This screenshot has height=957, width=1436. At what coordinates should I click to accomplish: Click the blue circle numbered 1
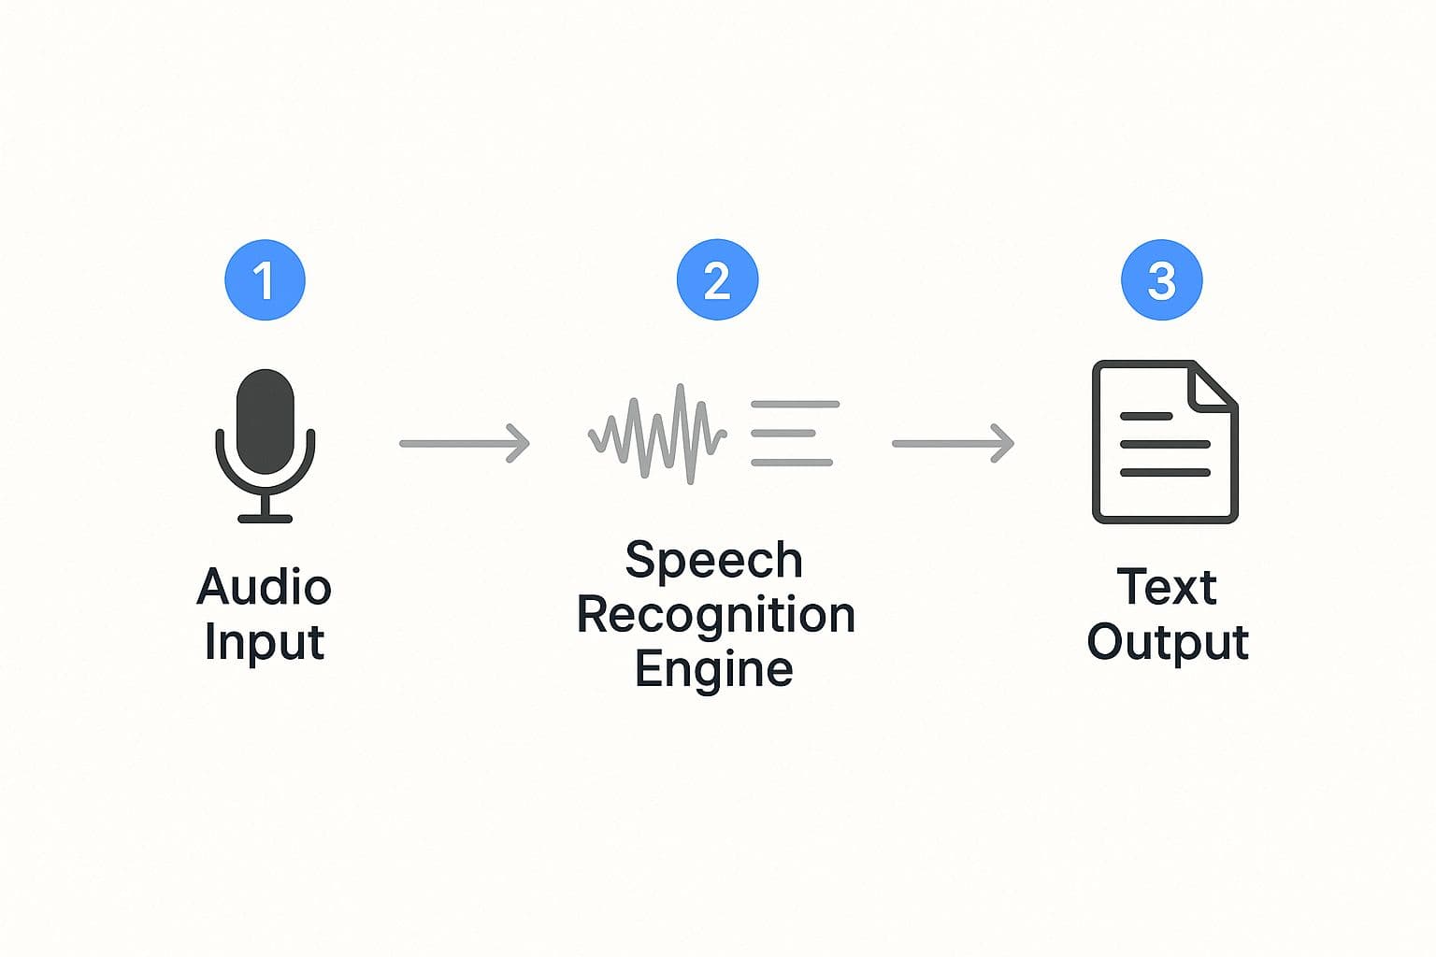(x=265, y=280)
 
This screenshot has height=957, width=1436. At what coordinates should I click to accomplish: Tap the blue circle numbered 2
(x=717, y=279)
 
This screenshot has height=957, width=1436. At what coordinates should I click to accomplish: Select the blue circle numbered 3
(x=1161, y=279)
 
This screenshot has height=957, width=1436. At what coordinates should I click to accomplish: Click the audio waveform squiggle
(x=657, y=435)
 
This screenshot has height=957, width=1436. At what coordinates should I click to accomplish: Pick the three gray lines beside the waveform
(x=793, y=434)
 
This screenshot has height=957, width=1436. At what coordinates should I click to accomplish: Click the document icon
(x=1165, y=441)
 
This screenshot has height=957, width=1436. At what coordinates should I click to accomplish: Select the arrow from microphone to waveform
(x=465, y=443)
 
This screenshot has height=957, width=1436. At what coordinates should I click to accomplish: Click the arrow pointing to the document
(x=953, y=443)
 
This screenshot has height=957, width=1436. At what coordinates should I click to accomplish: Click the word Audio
(x=265, y=587)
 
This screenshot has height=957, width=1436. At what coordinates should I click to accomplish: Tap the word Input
(x=265, y=643)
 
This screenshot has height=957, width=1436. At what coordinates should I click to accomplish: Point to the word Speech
(x=714, y=561)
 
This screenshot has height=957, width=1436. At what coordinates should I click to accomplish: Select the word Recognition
(x=716, y=615)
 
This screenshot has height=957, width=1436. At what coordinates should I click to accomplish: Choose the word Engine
(x=714, y=670)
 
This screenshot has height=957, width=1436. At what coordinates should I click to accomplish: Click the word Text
(x=1167, y=587)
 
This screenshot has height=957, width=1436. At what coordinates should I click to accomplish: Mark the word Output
(x=1168, y=643)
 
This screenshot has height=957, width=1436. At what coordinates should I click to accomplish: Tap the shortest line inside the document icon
(x=1145, y=416)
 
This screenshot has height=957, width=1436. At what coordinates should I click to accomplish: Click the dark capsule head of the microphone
(x=266, y=421)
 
